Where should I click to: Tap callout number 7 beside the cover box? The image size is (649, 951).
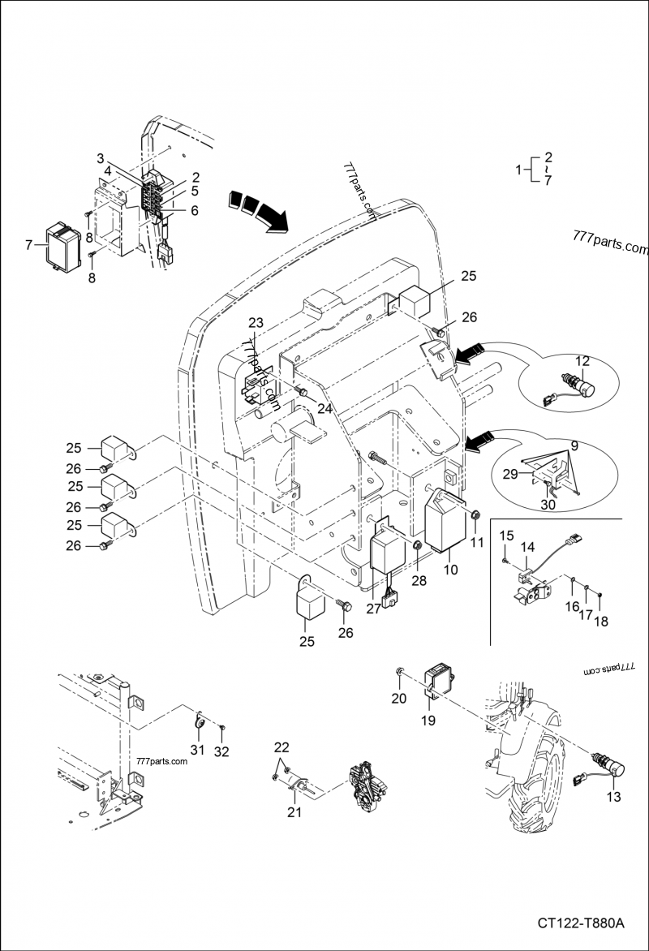coord(29,244)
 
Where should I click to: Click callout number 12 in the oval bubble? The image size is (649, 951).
coord(582,360)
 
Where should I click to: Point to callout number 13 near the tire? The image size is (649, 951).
coord(614,797)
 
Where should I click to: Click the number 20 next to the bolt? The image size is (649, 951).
coord(398,699)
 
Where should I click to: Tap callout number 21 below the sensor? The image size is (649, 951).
coord(295,811)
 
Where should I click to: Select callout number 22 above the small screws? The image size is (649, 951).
coord(281,747)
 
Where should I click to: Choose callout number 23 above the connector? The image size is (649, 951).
coord(256,323)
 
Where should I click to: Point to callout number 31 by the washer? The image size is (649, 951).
coord(197,748)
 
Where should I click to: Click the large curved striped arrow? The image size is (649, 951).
coord(258,208)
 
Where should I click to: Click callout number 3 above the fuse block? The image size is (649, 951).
coord(101,157)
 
